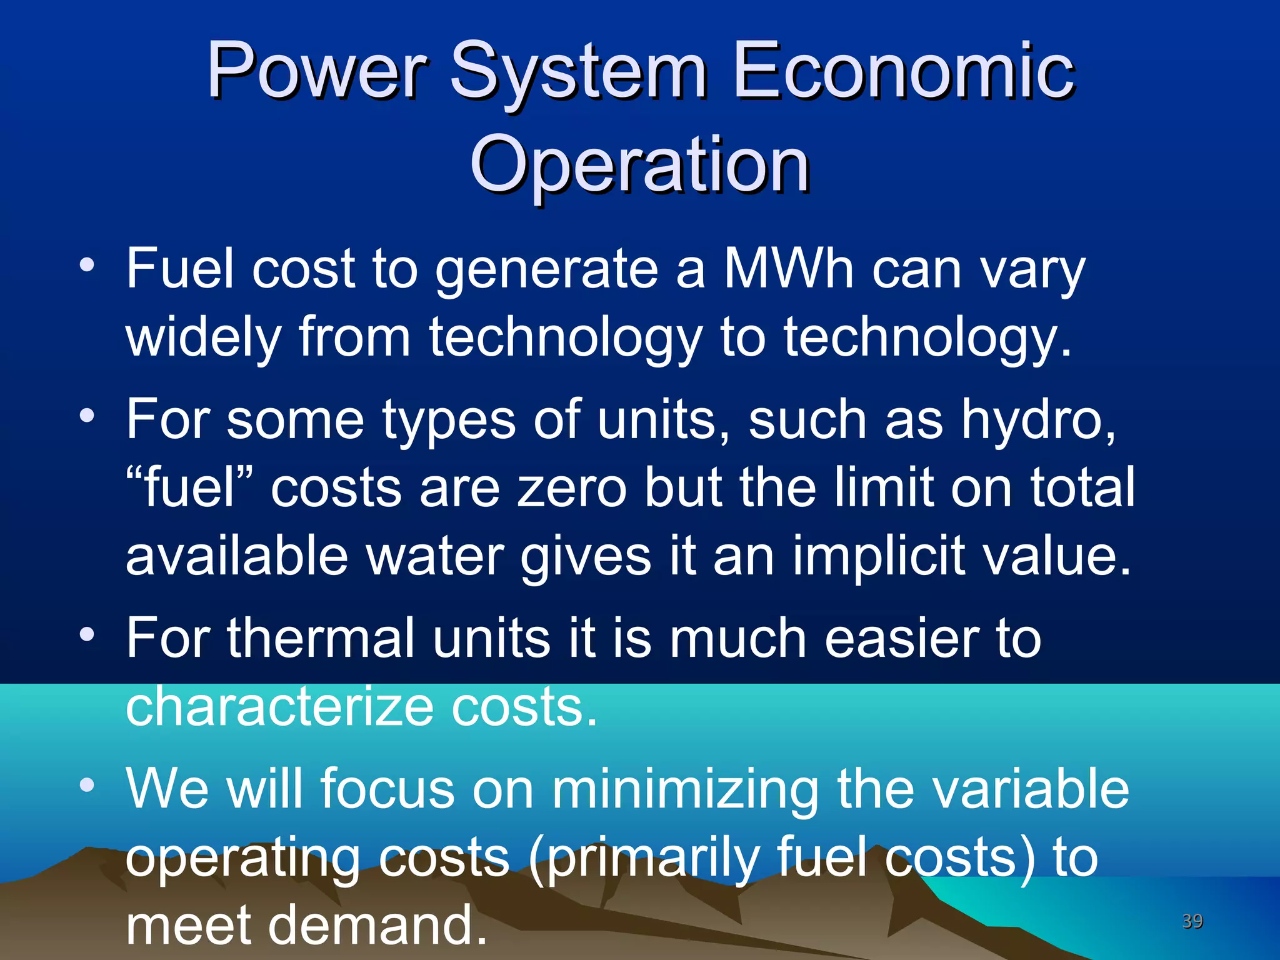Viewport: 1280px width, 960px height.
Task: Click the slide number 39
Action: click(1192, 921)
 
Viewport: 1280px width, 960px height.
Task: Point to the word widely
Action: click(203, 338)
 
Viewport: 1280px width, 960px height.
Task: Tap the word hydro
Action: click(1038, 420)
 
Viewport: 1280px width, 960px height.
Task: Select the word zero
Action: click(572, 488)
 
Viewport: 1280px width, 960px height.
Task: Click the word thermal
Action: click(321, 638)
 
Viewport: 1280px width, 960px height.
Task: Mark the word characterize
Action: click(279, 707)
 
